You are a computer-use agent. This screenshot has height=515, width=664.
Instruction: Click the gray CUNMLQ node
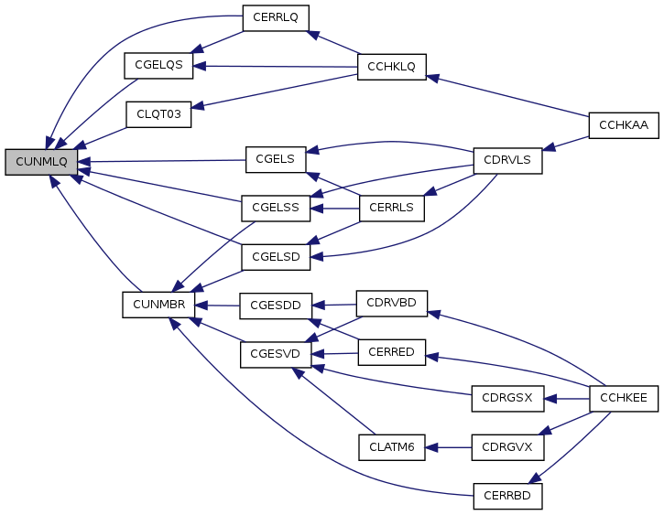click(x=41, y=162)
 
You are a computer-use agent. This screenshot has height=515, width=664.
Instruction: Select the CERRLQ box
click(x=276, y=18)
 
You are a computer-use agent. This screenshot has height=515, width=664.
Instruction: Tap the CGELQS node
click(x=158, y=66)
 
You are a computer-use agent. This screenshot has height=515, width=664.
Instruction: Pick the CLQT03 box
click(x=158, y=114)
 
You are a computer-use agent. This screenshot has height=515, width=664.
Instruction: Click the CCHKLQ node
click(x=392, y=66)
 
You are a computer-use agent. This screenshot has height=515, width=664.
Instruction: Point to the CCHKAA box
click(x=624, y=126)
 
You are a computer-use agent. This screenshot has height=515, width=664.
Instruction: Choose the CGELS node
click(x=275, y=159)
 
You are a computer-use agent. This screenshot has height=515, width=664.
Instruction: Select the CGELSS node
click(x=276, y=208)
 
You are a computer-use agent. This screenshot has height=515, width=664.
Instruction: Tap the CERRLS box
click(x=391, y=208)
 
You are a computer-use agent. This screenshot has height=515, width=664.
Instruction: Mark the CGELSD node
click(x=276, y=256)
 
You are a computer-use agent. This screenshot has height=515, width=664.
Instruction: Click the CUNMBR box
click(x=158, y=305)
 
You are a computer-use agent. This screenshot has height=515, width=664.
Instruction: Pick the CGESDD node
click(x=276, y=305)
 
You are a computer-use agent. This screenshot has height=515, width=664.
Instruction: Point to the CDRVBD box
click(x=391, y=303)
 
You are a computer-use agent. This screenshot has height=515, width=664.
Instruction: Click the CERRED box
click(x=391, y=352)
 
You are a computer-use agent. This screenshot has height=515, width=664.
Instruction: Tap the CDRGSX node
click(x=507, y=399)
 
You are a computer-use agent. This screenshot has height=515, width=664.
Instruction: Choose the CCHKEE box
click(x=624, y=399)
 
